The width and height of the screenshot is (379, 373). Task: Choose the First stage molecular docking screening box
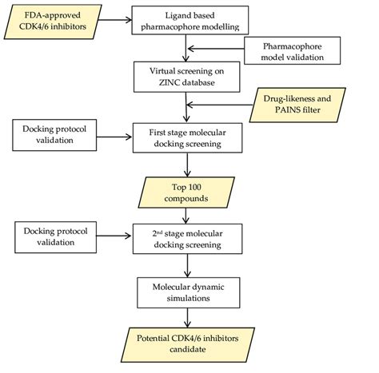coord(186,133)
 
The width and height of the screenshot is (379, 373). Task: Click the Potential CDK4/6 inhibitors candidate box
coord(186,343)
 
